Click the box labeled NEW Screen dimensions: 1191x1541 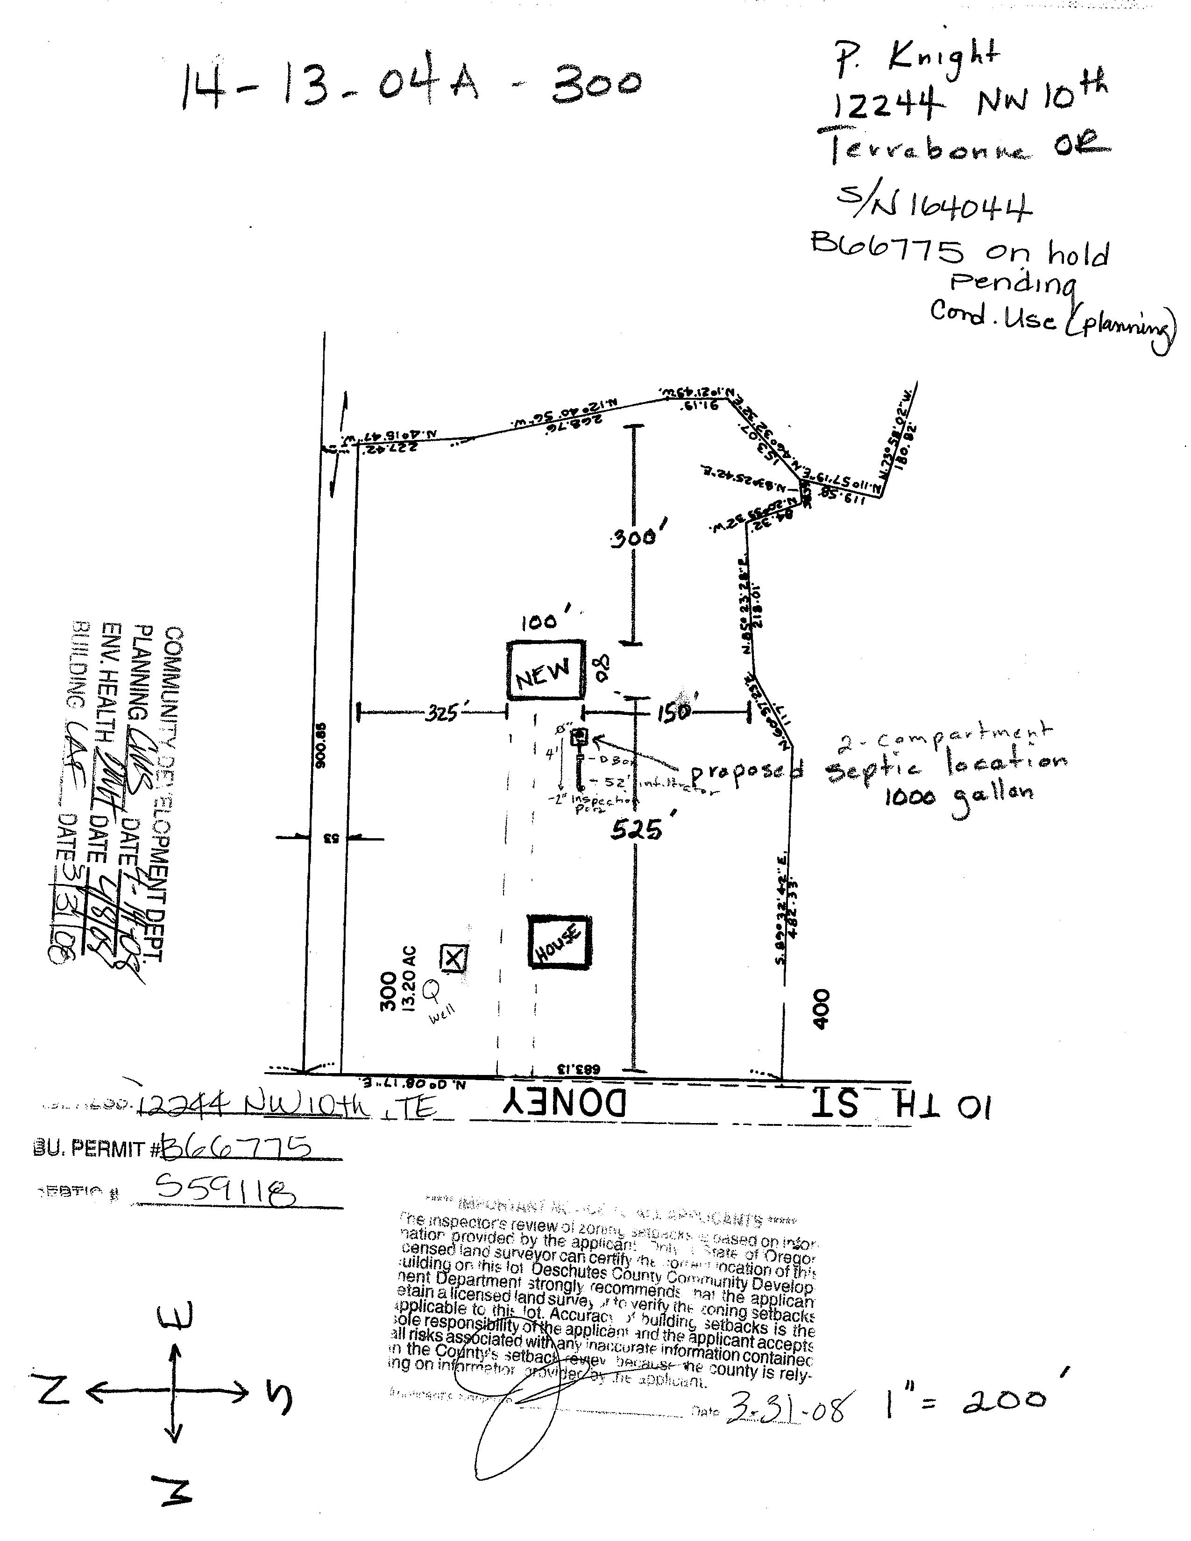point(546,670)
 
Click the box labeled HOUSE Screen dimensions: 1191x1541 point(560,942)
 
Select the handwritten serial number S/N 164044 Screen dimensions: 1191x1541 point(934,205)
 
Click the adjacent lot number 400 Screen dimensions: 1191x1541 point(821,1009)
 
